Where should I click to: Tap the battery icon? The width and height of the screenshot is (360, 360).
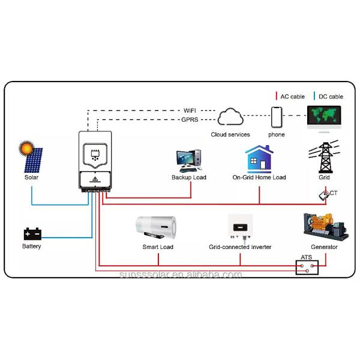point(31,233)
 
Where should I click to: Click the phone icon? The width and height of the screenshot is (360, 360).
point(276,117)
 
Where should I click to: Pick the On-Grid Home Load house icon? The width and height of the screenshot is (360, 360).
point(259,159)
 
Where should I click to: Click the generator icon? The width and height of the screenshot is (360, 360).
point(323,226)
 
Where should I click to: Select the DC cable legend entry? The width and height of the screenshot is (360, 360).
point(329,97)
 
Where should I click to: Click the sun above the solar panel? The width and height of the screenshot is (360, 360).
point(26,147)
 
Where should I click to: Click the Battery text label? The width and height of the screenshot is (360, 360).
point(31,247)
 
